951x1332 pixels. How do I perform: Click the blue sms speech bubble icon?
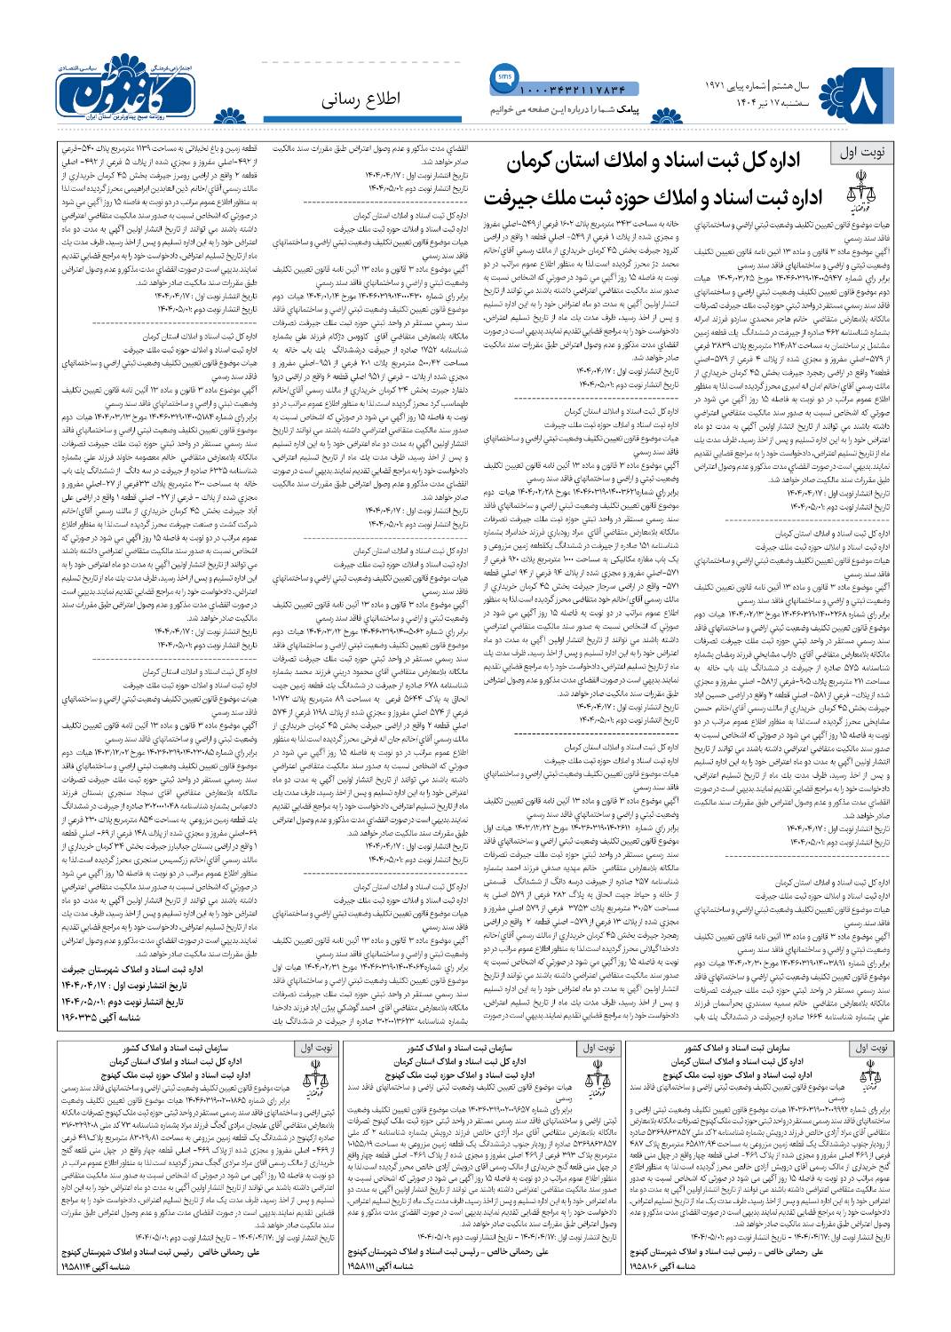[501, 78]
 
